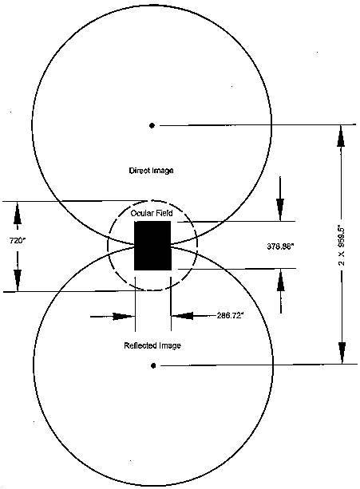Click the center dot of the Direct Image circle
coord(152,126)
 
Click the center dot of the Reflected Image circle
coord(152,365)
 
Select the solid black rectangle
coord(152,246)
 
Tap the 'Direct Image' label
coord(152,171)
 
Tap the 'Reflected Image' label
coord(152,345)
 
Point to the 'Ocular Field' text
coord(152,213)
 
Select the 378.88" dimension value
coord(280,246)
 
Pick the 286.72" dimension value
coord(230,316)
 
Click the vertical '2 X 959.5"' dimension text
coord(342,246)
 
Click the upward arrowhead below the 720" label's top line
coord(18,214)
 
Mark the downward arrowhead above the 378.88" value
coord(280,210)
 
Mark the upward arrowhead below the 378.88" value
coord(281,280)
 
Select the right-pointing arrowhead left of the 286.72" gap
coord(123,317)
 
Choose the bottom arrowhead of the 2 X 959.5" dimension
coord(342,353)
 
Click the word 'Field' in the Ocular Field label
coord(164,213)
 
